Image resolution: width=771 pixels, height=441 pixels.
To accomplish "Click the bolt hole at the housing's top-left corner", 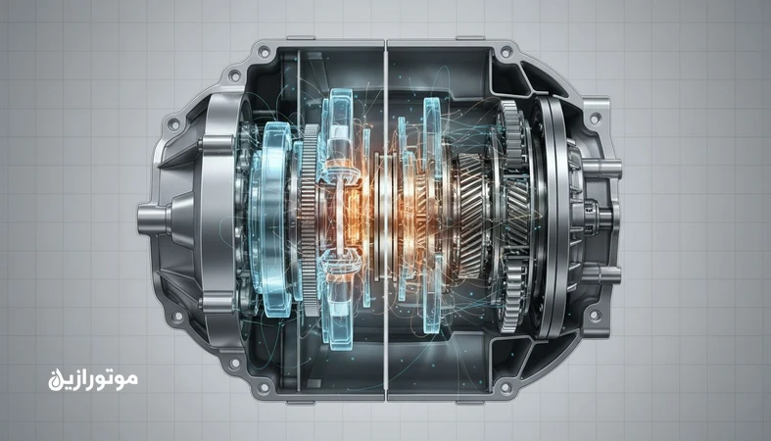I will click(x=262, y=51).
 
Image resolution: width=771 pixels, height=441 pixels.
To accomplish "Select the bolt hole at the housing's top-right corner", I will click(x=506, y=51).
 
